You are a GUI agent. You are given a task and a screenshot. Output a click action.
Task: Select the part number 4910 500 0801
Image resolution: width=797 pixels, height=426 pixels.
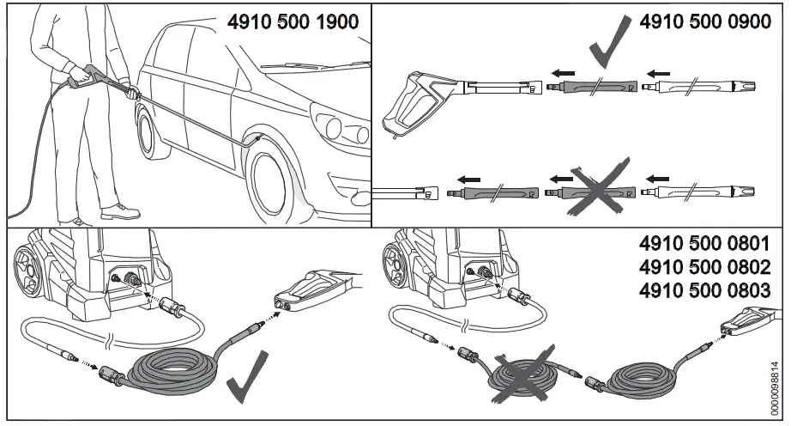click(x=705, y=243)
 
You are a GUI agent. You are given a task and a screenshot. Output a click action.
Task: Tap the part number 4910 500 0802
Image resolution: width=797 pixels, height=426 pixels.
click(x=705, y=266)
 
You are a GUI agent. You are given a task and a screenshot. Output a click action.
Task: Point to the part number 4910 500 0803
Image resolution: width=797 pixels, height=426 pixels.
click(x=705, y=289)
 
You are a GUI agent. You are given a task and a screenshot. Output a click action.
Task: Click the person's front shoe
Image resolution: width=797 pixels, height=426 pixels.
click(x=119, y=210)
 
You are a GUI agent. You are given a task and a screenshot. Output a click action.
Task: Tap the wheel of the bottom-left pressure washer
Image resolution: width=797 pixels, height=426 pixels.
click(x=29, y=265)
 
